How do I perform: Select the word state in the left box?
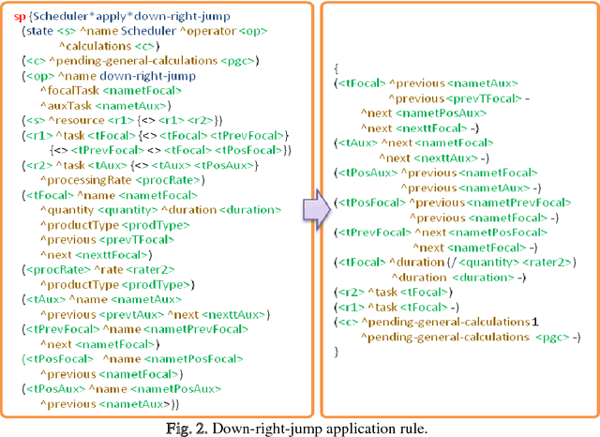point(40,31)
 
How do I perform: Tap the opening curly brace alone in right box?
point(337,68)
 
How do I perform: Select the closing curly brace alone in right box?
point(337,351)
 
